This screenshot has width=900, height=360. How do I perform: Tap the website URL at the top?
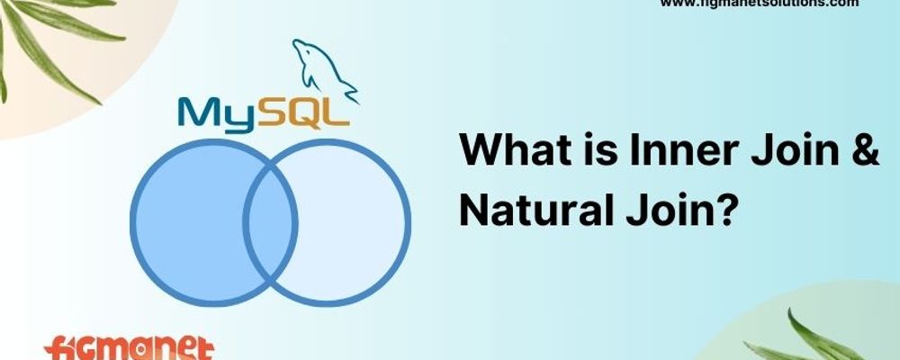[760, 4]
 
